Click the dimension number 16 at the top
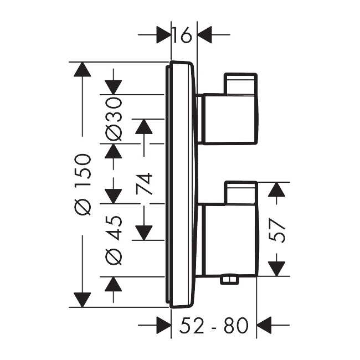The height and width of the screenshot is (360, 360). pyautogui.click(x=182, y=35)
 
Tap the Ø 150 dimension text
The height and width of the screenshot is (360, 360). pyautogui.click(x=83, y=185)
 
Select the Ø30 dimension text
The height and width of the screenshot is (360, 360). pyautogui.click(x=114, y=119)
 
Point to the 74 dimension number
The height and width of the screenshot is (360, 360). pyautogui.click(x=144, y=184)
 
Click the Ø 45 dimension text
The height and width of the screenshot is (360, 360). pyautogui.click(x=114, y=240)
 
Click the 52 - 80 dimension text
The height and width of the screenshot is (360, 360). pyautogui.click(x=214, y=325)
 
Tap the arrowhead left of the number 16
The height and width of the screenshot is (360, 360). pyautogui.click(x=164, y=35)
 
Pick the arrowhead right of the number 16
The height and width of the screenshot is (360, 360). pyautogui.click(x=204, y=35)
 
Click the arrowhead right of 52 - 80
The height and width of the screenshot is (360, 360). pyautogui.click(x=264, y=325)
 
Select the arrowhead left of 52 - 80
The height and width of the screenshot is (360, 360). pyautogui.click(x=164, y=325)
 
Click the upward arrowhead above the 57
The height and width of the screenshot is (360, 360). pyautogui.click(x=277, y=189)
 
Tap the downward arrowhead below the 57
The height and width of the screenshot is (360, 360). pyautogui.click(x=277, y=269)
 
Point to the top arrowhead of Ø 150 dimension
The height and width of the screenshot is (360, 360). pyautogui.click(x=83, y=69)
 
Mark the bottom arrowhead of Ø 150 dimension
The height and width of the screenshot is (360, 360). pyautogui.click(x=83, y=300)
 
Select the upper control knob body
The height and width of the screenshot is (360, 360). pyautogui.click(x=230, y=119)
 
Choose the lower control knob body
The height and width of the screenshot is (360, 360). pyautogui.click(x=230, y=240)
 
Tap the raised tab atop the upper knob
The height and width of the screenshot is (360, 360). pyautogui.click(x=240, y=84)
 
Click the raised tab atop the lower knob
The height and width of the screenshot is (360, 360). pyautogui.click(x=240, y=192)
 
